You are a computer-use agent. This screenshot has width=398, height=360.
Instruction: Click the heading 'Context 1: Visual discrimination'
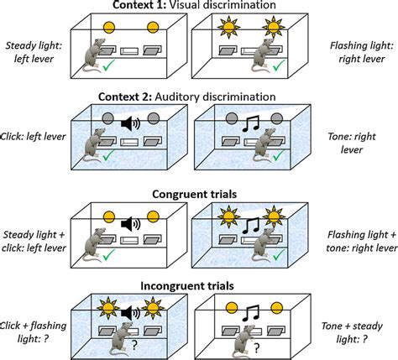point(199,7)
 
